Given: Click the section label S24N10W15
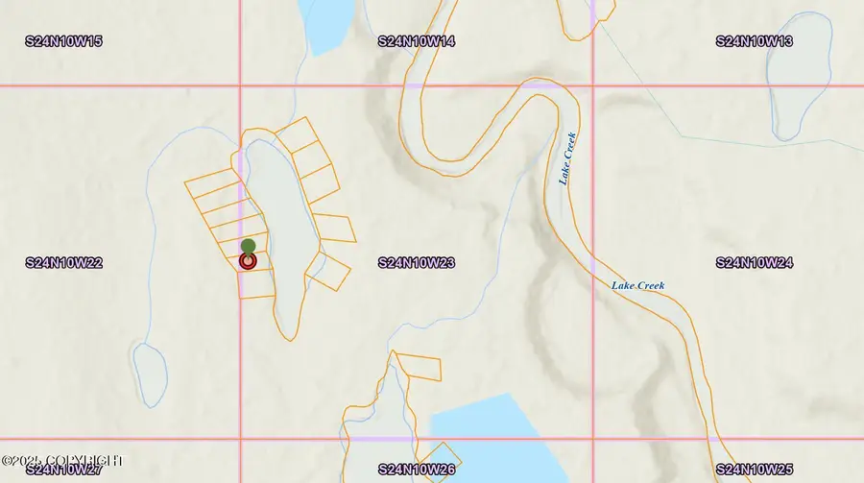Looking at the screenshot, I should [x=64, y=41].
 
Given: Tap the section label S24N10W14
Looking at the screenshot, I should [x=417, y=41].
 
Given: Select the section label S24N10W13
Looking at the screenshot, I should [x=755, y=41].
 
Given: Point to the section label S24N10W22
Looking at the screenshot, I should [x=64, y=262].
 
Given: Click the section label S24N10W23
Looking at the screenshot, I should [x=417, y=262].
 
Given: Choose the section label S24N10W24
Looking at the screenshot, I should [x=755, y=262].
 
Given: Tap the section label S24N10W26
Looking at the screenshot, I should [x=417, y=470].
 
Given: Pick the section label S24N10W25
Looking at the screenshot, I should [x=755, y=470].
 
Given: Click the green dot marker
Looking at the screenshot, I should [x=248, y=246].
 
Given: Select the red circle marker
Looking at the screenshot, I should [x=248, y=260].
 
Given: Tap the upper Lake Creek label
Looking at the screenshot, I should [x=567, y=158].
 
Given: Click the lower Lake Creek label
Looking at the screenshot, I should [x=638, y=285].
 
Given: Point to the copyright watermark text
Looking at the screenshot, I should [x=62, y=460].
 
